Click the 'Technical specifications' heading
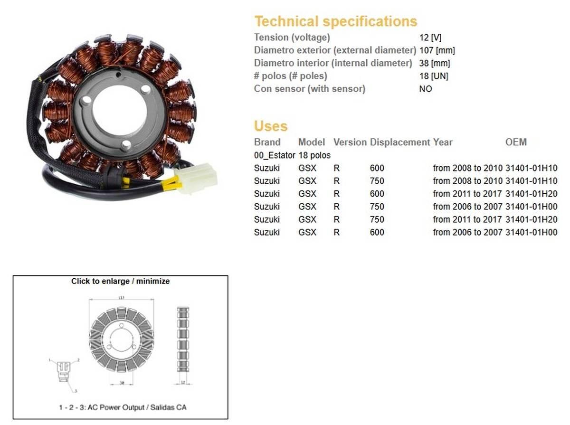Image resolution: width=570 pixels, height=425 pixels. click(x=335, y=21)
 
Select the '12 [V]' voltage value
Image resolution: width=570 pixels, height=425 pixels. click(x=430, y=38)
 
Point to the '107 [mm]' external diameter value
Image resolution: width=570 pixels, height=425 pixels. click(x=437, y=50)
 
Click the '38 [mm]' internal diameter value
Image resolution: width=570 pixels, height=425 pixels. click(x=434, y=63)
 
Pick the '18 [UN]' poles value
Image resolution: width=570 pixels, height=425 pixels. click(x=433, y=76)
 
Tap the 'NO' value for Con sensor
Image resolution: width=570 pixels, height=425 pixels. click(x=425, y=89)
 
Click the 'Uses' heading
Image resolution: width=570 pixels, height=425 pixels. click(x=271, y=126)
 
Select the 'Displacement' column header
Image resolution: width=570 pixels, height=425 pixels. click(x=400, y=142)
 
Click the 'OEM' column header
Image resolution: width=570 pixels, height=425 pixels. click(x=516, y=142)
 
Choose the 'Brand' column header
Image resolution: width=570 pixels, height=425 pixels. click(x=267, y=142)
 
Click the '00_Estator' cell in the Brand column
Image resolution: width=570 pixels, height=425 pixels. click(x=275, y=155)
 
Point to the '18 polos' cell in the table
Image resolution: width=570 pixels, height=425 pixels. click(x=314, y=155)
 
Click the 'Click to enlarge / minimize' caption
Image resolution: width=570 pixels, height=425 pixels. click(x=120, y=281)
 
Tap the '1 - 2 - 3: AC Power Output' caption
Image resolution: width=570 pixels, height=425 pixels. click(x=119, y=407)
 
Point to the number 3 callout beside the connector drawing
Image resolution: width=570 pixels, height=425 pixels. click(x=75, y=392)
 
